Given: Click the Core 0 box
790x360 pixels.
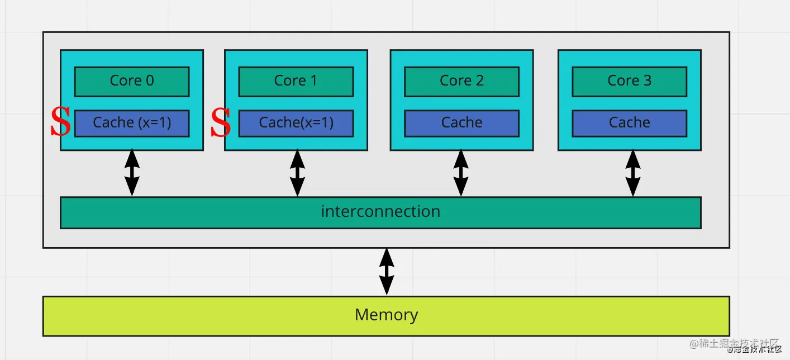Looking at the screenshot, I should click(x=132, y=82).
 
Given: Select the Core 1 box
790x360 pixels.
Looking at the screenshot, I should click(x=296, y=82).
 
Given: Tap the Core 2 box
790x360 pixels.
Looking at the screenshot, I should click(x=461, y=82).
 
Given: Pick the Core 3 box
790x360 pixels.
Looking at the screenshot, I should click(x=629, y=82).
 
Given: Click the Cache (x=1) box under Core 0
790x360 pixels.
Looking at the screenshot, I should click(x=132, y=123).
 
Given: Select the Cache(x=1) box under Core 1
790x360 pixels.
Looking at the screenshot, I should click(x=296, y=123).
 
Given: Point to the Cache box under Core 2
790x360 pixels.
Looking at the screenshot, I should click(x=461, y=123).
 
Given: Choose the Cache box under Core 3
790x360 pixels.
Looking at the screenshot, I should click(x=629, y=123).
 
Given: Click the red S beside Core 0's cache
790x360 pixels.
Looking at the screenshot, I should click(x=60, y=123).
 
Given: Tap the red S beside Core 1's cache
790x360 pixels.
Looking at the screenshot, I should click(x=221, y=123).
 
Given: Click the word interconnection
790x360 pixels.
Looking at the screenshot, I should click(x=380, y=212).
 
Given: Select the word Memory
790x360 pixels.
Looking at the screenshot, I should click(x=386, y=315).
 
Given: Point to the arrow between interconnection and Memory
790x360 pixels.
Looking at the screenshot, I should click(x=386, y=272).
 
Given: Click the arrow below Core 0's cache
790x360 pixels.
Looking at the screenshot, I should click(x=132, y=173).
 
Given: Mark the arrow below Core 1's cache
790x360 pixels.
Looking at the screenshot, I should click(x=297, y=173).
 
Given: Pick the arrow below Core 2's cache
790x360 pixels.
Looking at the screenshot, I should click(x=461, y=173).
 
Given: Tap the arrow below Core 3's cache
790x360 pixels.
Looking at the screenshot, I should click(x=632, y=173).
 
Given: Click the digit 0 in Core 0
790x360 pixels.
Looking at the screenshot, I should click(x=149, y=81).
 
